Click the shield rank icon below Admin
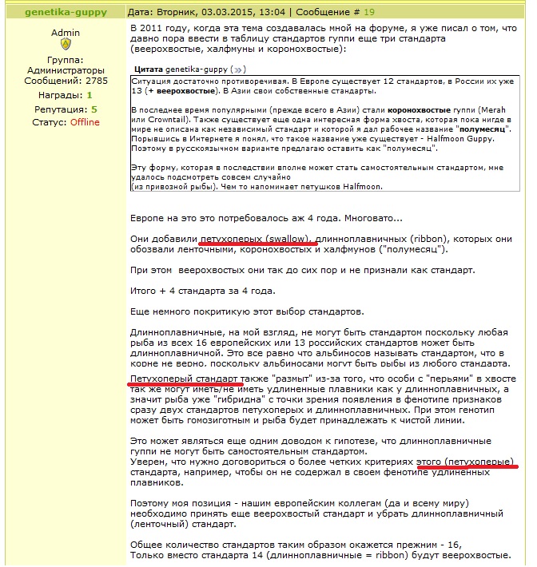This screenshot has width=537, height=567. pyautogui.click(x=66, y=45)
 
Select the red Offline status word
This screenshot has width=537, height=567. pyautogui.click(x=85, y=122)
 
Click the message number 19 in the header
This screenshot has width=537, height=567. pyautogui.click(x=368, y=12)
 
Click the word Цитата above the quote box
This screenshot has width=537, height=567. pyautogui.click(x=149, y=70)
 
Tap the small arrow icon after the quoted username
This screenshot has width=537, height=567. pyautogui.click(x=240, y=70)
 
